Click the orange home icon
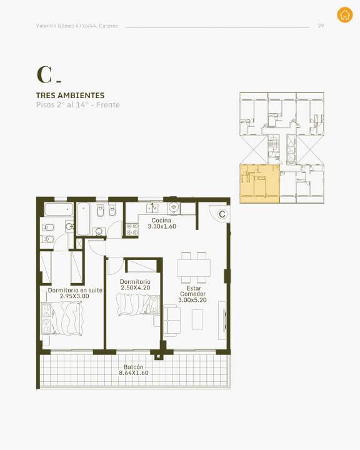pyautogui.click(x=345, y=14)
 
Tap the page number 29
pyautogui.click(x=321, y=26)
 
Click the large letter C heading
pyautogui.click(x=44, y=75)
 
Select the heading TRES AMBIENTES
pyautogui.click(x=71, y=95)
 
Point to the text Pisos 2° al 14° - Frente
pyautogui.click(x=77, y=105)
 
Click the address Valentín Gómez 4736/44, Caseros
pyautogui.click(x=77, y=26)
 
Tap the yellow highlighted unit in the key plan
pyautogui.click(x=260, y=184)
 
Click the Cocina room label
pyautogui.click(x=161, y=220)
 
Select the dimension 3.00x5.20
pyautogui.click(x=192, y=300)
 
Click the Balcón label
pyautogui.click(x=134, y=367)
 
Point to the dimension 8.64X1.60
pyautogui.click(x=134, y=373)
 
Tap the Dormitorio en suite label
pyautogui.click(x=75, y=290)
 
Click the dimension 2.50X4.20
pyautogui.click(x=135, y=288)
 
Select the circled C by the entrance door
pyautogui.click(x=222, y=214)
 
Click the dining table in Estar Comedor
pyautogui.click(x=194, y=267)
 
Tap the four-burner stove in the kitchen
pyautogui.click(x=132, y=229)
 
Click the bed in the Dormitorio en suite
pyautogui.click(x=62, y=318)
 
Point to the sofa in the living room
pyautogui.click(x=172, y=321)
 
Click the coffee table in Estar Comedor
pyautogui.click(x=197, y=319)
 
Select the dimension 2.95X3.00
pyautogui.click(x=74, y=296)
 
